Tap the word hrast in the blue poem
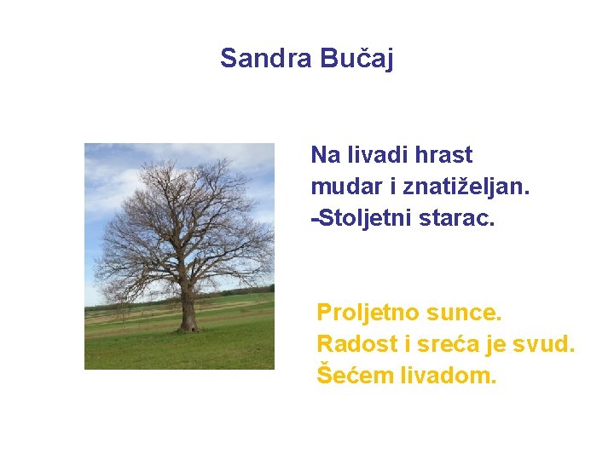point(443,155)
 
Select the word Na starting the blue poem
point(324,155)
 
